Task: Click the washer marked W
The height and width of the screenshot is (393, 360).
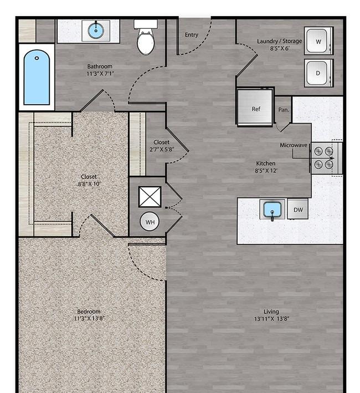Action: (x=318, y=41)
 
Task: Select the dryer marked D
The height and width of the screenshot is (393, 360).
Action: (x=318, y=73)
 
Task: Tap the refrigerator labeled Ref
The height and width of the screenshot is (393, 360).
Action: (x=255, y=108)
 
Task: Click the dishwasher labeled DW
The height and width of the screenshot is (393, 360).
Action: (x=298, y=210)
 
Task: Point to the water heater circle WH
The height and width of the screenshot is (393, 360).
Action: (x=150, y=222)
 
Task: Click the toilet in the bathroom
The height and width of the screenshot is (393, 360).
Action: (x=146, y=37)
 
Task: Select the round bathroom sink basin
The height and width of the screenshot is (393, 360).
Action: (x=96, y=30)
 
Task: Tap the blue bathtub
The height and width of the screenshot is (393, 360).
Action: (x=37, y=77)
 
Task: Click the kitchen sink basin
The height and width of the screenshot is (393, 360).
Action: (x=272, y=210)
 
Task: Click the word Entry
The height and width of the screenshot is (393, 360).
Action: (x=192, y=34)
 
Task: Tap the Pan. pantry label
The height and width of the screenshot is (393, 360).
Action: (x=284, y=110)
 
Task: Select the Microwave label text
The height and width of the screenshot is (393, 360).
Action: (x=294, y=145)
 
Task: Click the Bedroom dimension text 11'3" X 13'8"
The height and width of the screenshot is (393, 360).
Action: (x=89, y=319)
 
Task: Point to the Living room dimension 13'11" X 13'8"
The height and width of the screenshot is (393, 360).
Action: (x=271, y=319)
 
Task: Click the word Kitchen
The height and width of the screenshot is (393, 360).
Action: (x=266, y=164)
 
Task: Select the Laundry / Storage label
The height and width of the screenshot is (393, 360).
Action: (x=279, y=41)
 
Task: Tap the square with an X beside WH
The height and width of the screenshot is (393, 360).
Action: (x=150, y=197)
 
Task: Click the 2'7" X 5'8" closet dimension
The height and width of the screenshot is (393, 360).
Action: (x=162, y=149)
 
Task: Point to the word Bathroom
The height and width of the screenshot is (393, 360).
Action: (x=100, y=67)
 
